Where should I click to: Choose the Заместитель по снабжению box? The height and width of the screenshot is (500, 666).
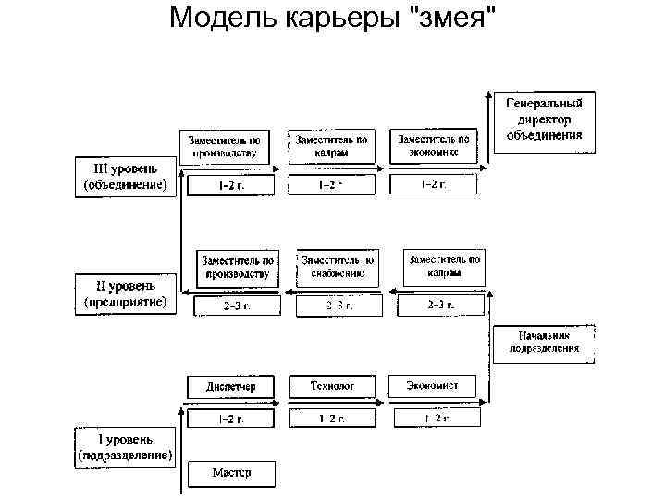point(337,267)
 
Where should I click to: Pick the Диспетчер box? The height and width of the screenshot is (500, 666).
point(231,386)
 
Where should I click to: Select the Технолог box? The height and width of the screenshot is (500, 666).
point(332,386)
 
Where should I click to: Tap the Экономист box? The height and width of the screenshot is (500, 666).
point(430,386)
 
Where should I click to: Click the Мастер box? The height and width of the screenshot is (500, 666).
point(231,472)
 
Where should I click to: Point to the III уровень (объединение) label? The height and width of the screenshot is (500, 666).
point(124,176)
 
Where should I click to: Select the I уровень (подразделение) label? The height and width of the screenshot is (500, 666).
point(125,446)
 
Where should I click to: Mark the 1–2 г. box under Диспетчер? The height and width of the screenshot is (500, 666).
point(231,419)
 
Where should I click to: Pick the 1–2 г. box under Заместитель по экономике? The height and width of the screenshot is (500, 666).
point(433,184)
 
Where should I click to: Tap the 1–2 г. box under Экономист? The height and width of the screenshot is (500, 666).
point(437,419)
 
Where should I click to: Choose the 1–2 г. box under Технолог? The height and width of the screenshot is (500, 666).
point(332,419)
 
